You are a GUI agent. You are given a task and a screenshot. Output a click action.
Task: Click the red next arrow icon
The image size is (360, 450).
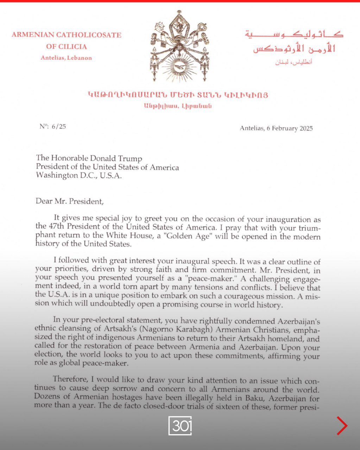pyautogui.click(x=342, y=426)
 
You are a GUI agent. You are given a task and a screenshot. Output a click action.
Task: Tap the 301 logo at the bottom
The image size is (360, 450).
pyautogui.click(x=180, y=426)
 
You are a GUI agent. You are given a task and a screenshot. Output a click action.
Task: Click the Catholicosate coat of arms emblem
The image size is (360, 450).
pyautogui.click(x=180, y=46)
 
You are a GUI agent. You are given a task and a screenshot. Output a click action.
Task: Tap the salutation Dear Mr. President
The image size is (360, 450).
pyautogui.click(x=70, y=201)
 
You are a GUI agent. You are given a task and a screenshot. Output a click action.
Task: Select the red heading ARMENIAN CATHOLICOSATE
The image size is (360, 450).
pyautogui.click(x=66, y=35)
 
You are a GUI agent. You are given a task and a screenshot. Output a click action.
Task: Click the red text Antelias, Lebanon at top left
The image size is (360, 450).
pyautogui.click(x=66, y=58)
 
